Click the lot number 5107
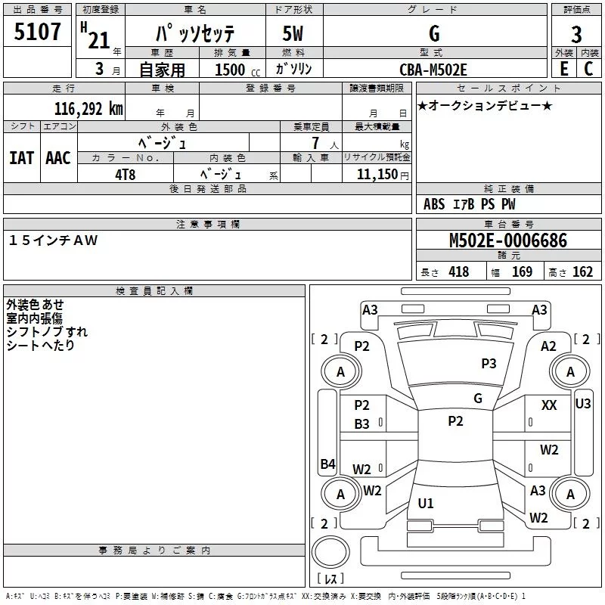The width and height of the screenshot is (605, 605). click(38, 33)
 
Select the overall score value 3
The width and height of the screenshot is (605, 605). click(576, 34)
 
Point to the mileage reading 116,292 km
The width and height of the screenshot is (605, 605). click(88, 109)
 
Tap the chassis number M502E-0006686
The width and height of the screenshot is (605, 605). click(507, 241)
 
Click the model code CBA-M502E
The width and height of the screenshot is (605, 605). click(433, 70)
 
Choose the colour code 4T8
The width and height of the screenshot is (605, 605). click(125, 173)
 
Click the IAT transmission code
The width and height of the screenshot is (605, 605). click(21, 158)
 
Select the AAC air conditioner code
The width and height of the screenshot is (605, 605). click(57, 158)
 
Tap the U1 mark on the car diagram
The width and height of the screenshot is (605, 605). click(426, 504)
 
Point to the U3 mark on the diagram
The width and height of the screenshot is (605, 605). click(583, 404)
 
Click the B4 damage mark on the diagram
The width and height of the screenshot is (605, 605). click(327, 464)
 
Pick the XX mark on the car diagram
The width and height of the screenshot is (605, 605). click(549, 406)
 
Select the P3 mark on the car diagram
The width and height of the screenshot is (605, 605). click(489, 364)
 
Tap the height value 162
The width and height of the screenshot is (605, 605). click(582, 272)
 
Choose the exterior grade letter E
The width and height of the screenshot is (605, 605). click(563, 70)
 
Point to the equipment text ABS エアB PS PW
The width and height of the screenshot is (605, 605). click(470, 204)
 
